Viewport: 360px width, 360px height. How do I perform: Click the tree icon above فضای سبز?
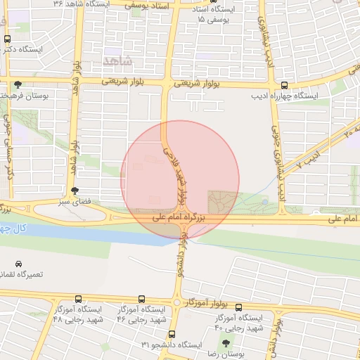coord(75,190)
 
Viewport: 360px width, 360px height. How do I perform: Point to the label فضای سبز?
coord(75,202)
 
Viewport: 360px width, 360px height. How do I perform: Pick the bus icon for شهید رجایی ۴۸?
coord(77,298)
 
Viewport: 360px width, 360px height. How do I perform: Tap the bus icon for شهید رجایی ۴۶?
coord(142,298)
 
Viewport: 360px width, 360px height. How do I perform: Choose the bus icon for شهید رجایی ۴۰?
coord(239,307)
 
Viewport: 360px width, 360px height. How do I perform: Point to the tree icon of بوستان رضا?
coord(225,344)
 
